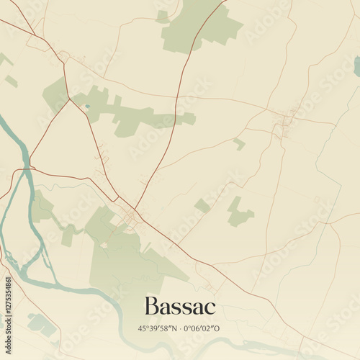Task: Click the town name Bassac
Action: point(180,306)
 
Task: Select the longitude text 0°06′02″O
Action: point(205,328)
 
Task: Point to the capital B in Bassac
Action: point(152,306)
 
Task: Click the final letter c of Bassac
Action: point(210,308)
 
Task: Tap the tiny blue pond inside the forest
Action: point(87,107)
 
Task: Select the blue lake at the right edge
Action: point(356,67)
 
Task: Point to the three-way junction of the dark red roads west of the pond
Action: point(70,99)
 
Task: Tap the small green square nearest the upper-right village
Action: point(239,143)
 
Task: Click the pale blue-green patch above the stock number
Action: point(40,325)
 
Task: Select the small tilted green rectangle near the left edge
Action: point(12,81)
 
